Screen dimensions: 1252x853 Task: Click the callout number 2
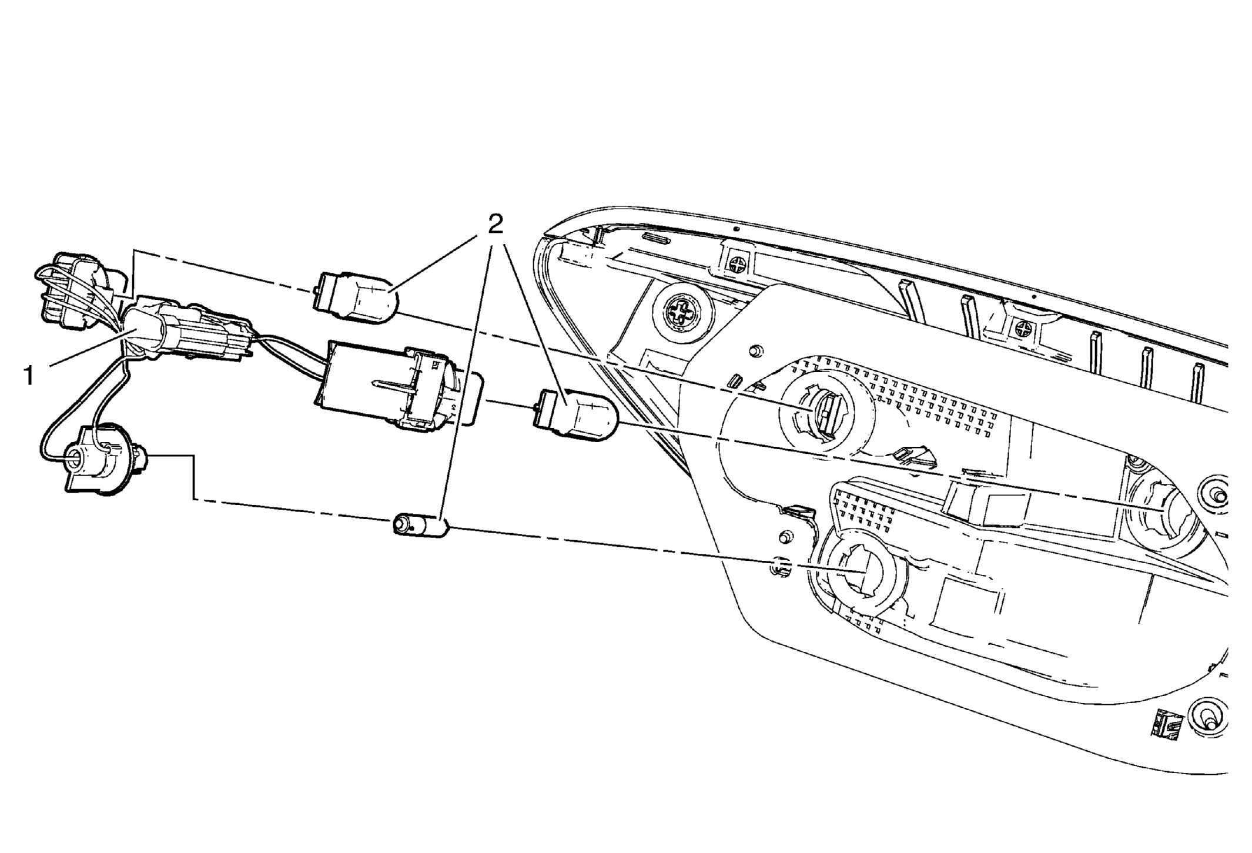coord(496,223)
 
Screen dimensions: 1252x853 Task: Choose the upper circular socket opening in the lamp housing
coord(825,412)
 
